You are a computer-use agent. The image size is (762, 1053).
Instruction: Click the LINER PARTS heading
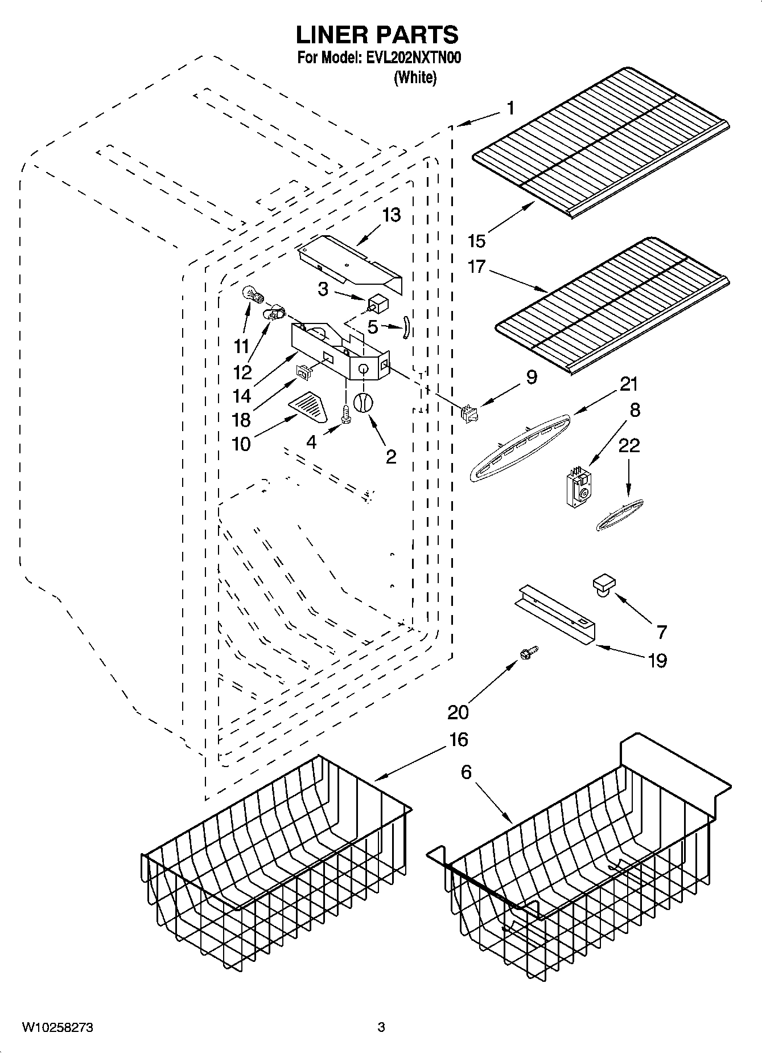[x=377, y=35]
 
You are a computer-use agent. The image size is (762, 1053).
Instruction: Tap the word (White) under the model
[x=415, y=77]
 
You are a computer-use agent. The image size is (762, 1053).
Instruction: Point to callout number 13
[x=392, y=215]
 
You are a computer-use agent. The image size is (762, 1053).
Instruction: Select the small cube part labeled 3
[x=377, y=303]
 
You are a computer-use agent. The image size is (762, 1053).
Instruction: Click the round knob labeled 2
[x=363, y=403]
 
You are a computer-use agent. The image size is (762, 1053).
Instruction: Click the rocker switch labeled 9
[x=470, y=413]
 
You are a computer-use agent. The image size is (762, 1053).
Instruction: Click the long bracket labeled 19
[x=554, y=618]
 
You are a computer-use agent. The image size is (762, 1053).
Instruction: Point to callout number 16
[x=458, y=739]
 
